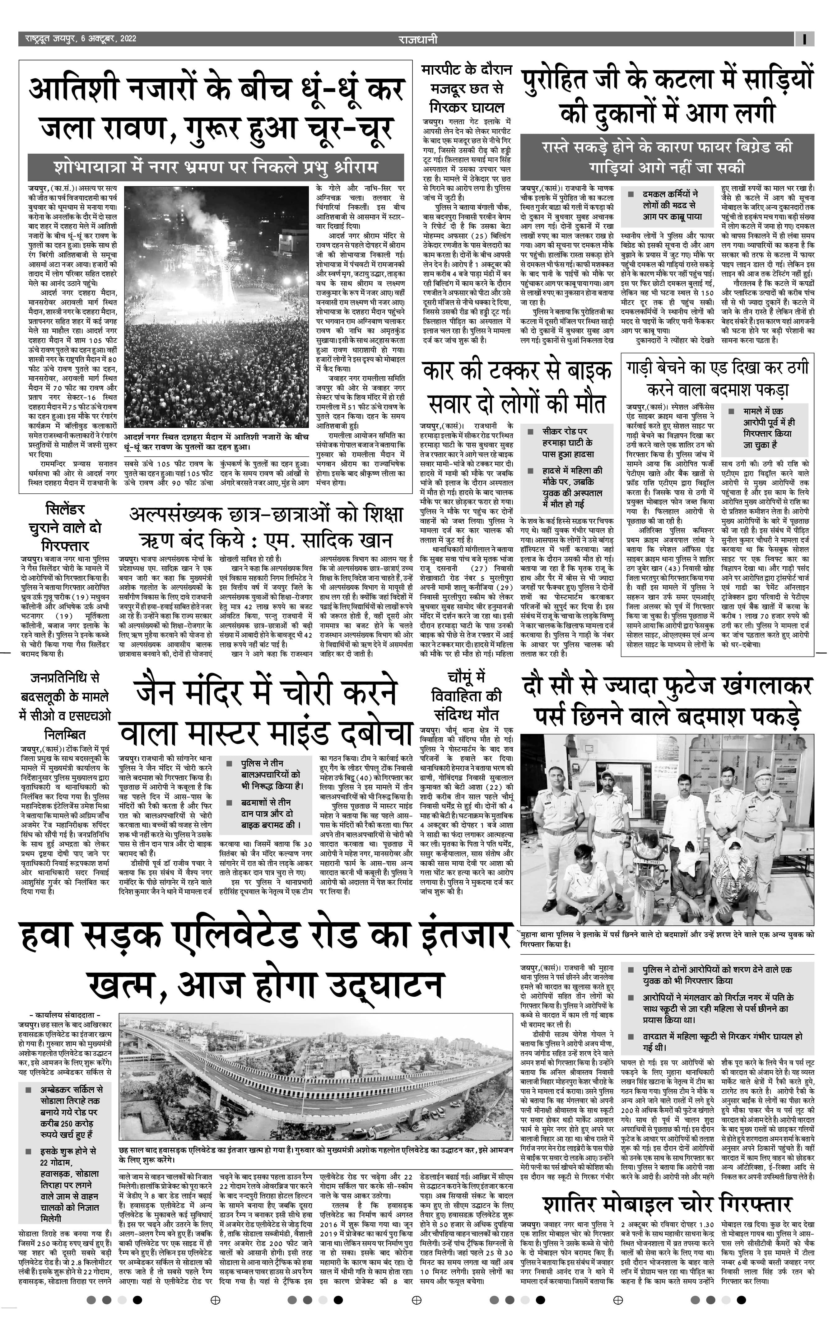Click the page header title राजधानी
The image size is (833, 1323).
[418, 39]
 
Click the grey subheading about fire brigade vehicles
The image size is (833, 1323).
[667, 156]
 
